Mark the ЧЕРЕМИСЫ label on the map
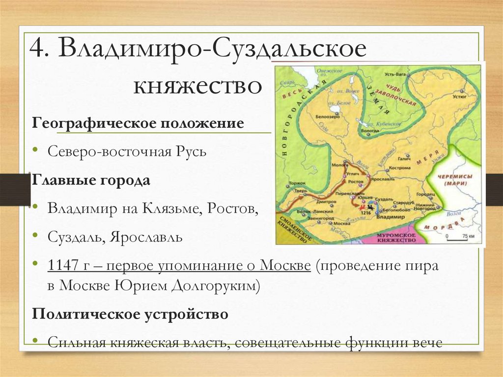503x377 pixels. [x=459, y=177]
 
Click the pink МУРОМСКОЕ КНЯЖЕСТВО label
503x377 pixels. [x=396, y=238]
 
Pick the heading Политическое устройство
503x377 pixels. [x=130, y=314]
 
